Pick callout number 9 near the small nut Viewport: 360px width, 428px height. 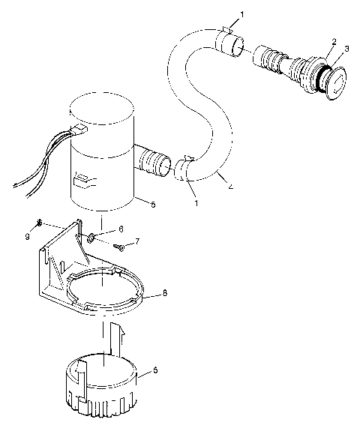pyautogui.click(x=28, y=236)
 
